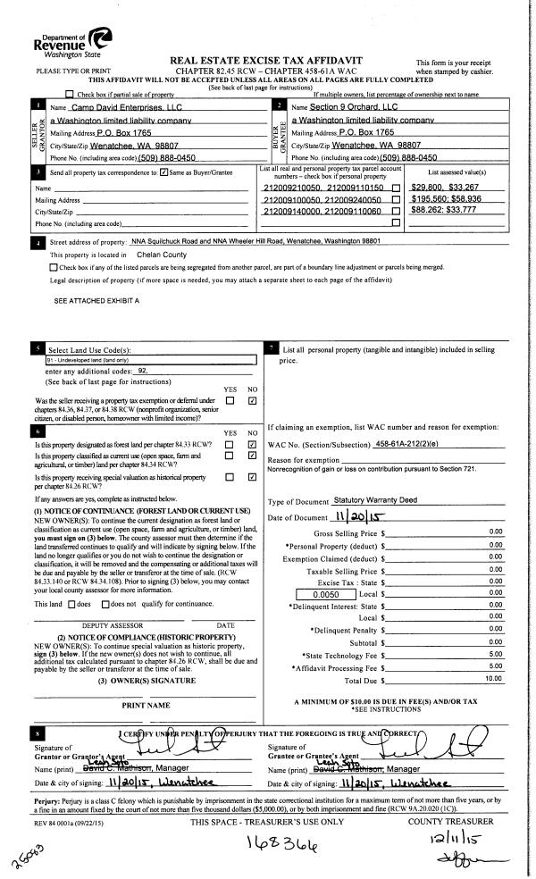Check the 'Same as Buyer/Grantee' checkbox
coord(163,171)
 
